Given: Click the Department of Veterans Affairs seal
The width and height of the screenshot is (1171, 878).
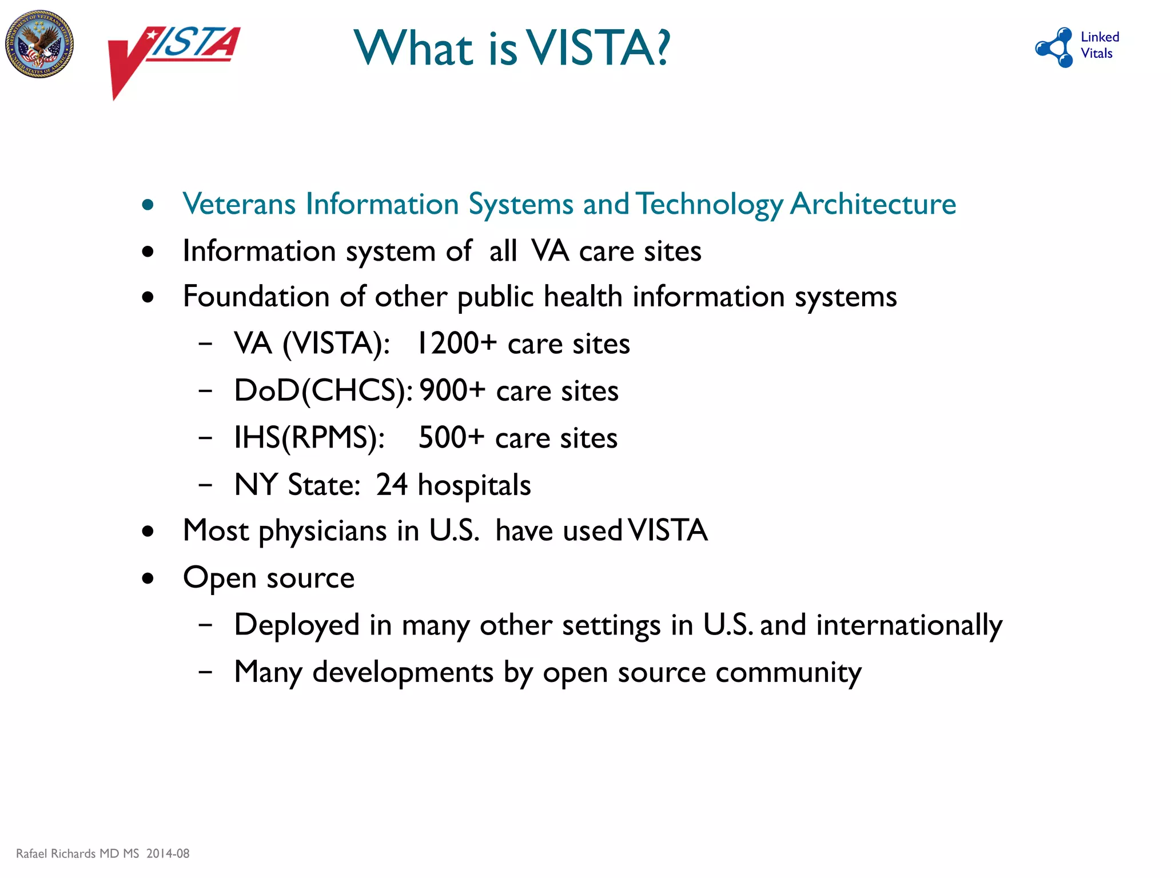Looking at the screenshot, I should click(39, 44).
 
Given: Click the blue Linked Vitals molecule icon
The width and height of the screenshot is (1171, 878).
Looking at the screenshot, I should click(1056, 47).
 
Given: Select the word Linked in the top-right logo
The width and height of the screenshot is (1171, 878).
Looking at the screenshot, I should click(1100, 37).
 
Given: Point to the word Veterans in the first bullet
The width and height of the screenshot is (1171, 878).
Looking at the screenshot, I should click(239, 204).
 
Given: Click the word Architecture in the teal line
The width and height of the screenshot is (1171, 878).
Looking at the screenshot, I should click(873, 204).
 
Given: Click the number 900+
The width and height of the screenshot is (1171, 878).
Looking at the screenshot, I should click(452, 391).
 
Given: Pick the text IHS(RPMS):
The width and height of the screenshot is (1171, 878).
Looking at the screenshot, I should click(309, 438).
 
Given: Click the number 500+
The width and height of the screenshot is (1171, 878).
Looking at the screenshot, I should click(451, 438).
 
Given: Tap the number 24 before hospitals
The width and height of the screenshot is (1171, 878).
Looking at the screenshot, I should click(392, 485).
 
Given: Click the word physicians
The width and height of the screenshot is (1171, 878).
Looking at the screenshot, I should click(323, 532).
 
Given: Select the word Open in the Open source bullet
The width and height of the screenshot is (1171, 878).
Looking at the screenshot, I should click(219, 578).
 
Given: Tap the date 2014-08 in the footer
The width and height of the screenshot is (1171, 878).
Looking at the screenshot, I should click(168, 853).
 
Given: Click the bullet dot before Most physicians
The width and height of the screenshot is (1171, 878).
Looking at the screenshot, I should click(148, 532).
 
